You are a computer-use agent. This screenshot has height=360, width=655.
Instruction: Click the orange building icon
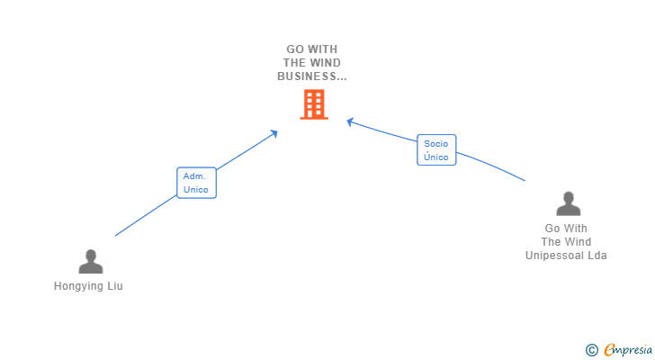pos(313,104)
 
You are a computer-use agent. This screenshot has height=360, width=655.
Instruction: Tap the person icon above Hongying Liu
pos(91,262)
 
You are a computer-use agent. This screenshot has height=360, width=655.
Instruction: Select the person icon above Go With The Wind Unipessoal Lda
pos(568,204)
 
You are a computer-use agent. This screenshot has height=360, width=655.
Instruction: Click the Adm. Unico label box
pos(196,183)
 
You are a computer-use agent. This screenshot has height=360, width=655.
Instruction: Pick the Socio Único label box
pos(436,150)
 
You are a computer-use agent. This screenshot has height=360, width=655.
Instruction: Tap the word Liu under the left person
pos(113,286)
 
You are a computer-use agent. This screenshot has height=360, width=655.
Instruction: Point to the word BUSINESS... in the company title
pos(311,76)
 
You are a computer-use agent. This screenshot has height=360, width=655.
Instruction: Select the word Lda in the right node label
pos(597,256)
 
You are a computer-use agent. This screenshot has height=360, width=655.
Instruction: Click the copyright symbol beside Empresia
pos(591,349)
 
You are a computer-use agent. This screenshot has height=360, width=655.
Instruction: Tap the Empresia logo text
pos(628,349)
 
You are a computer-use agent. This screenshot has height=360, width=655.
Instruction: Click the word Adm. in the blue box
pos(195,176)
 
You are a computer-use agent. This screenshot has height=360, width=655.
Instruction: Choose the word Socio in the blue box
pos(436,144)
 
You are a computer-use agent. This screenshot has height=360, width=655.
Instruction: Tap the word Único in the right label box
pos(436,157)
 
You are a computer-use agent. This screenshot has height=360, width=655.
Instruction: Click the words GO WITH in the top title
pos(312,49)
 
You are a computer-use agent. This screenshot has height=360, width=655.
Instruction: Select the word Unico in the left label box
pos(196,190)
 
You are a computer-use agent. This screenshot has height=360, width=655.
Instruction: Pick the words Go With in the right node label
pos(566,229)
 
